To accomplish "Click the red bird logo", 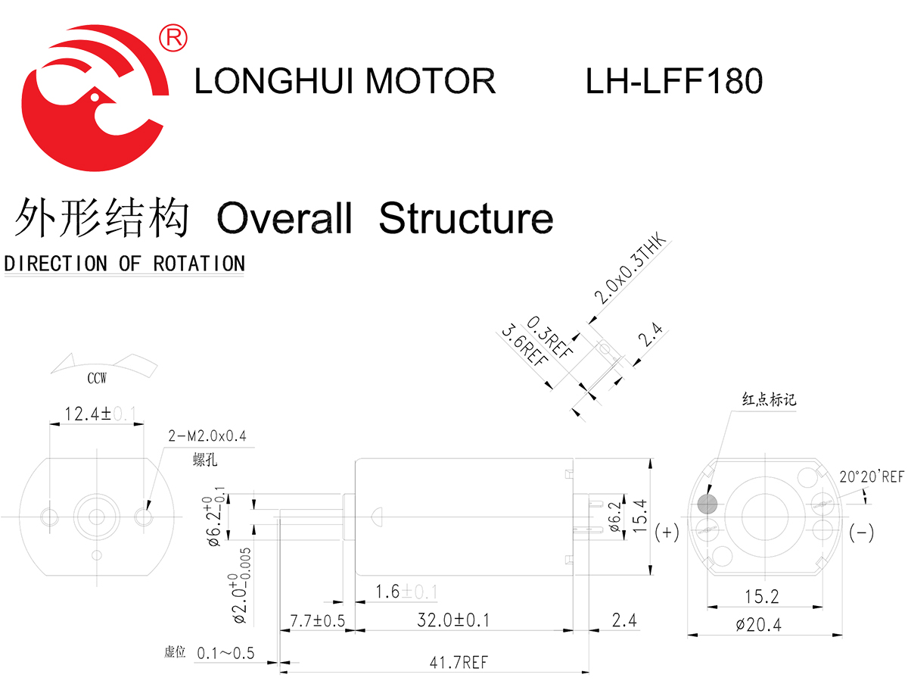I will (x=95, y=98).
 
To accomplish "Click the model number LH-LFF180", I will (x=673, y=82).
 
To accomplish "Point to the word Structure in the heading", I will (x=465, y=218).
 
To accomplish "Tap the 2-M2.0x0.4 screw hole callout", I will (x=207, y=436).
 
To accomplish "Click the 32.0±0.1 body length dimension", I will (x=453, y=620).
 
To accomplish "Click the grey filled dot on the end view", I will (x=707, y=504).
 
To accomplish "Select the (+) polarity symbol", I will (x=667, y=533).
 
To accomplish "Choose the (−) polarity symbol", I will (x=861, y=533).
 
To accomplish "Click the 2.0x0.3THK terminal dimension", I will (x=629, y=270).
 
